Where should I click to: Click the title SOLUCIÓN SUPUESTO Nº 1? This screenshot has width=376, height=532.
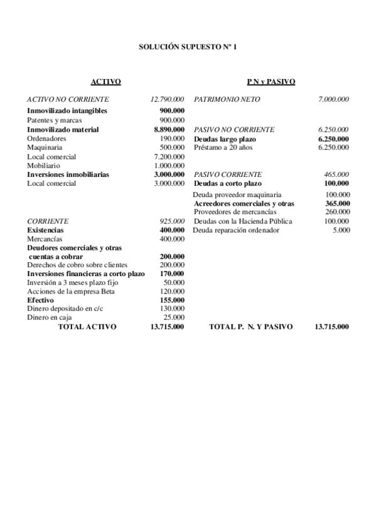(x=188, y=47)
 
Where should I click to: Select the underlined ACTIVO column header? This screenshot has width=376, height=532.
(x=105, y=82)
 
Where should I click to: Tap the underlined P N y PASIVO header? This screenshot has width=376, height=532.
(x=271, y=82)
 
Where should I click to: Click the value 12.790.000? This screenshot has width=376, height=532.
(x=167, y=99)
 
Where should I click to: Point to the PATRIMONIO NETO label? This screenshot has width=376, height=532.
(x=227, y=99)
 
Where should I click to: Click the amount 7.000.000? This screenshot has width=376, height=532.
(x=334, y=99)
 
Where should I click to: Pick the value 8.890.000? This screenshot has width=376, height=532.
(x=169, y=129)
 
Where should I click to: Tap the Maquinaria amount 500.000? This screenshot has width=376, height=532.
(x=172, y=147)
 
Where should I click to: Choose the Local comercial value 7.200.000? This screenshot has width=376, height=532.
(x=169, y=156)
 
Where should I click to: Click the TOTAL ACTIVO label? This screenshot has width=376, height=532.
(x=87, y=327)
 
